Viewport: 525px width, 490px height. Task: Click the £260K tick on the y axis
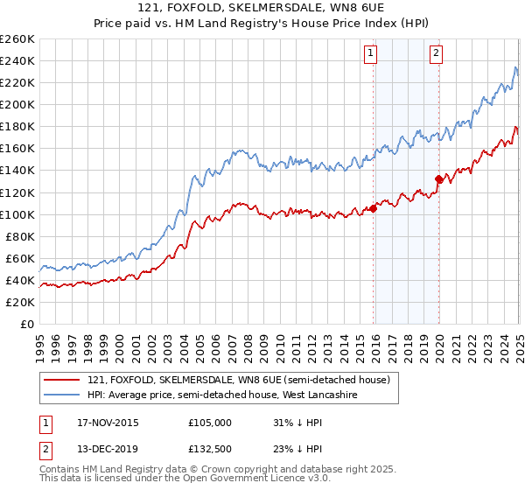17,39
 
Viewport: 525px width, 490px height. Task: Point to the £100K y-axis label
17,214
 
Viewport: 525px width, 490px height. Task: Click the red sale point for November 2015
373,208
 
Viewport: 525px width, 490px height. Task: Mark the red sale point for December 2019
438,178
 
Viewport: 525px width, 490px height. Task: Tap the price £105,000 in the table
210,423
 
